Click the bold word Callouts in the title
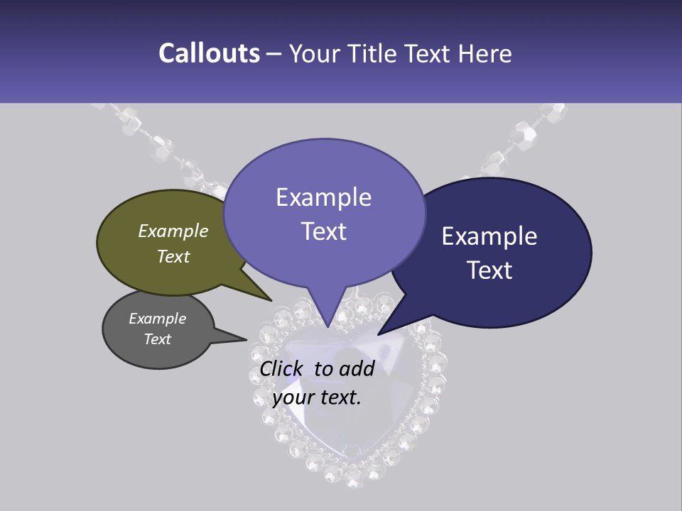tap(209, 53)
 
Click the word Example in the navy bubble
tap(489, 236)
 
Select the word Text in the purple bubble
tap(324, 231)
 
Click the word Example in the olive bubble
tap(173, 231)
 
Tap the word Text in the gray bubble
tap(158, 339)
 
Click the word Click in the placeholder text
tap(281, 368)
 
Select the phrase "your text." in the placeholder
tap(317, 397)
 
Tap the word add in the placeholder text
tap(357, 368)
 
